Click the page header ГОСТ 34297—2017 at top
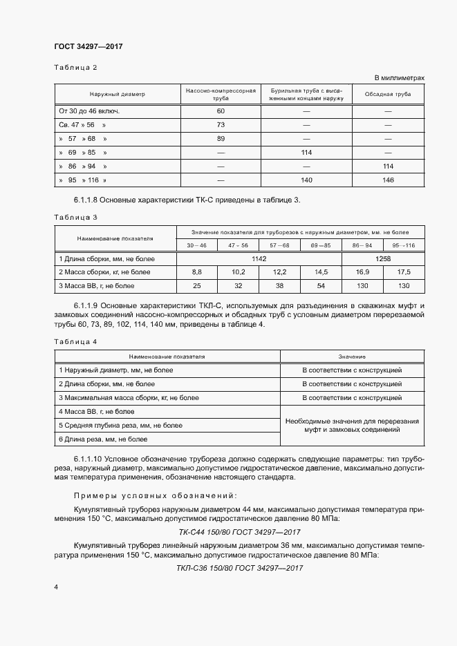point(88,47)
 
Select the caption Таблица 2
point(76,67)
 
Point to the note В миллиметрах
point(400,78)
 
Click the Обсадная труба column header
point(388,94)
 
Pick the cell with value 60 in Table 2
point(221,111)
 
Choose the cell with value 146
point(388,180)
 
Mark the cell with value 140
point(307,180)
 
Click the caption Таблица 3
point(76,217)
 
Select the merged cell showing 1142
point(259,258)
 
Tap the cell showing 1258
point(383,258)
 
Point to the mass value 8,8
point(196,272)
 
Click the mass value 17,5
point(404,272)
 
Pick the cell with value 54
point(321,285)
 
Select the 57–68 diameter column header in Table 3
point(279,245)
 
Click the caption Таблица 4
point(76,342)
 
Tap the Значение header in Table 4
point(352,357)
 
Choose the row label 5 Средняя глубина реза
point(121,425)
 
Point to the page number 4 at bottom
point(56,587)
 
